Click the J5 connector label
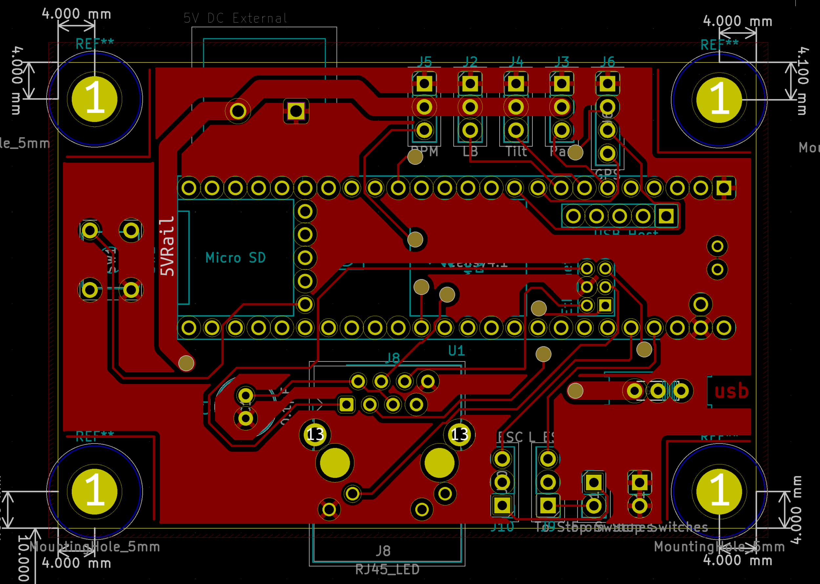425,61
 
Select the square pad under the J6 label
607,84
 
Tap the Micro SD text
236,258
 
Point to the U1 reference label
456,351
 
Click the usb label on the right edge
731,391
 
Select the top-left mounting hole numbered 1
95,99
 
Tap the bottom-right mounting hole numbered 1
719,491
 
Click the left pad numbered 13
315,435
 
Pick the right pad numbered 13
459,435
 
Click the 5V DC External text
236,18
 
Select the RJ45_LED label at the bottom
387,570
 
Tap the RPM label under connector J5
425,152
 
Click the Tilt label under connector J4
516,152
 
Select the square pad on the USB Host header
666,216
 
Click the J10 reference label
502,527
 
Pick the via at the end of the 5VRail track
186,363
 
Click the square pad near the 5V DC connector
296,111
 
